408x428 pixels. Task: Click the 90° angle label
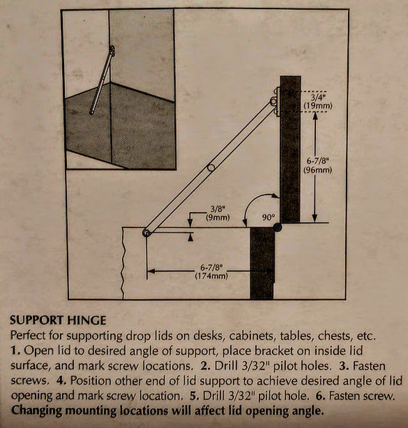point(268,218)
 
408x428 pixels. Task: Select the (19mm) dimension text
point(318,106)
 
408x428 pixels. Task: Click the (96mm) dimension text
point(318,170)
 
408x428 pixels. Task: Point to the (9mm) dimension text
point(218,218)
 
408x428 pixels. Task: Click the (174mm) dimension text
point(211,276)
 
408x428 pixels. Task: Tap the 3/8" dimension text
point(218,209)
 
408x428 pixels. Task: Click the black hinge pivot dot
point(277,227)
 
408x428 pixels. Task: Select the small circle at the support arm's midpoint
point(211,168)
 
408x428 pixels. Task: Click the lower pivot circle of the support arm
point(146,233)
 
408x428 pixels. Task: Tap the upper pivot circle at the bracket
point(273,101)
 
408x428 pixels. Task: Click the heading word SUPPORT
point(36,320)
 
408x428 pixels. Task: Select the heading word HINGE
point(86,320)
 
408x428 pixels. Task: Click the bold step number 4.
point(61,380)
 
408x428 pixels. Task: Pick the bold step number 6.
point(320,395)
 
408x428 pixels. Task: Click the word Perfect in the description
point(28,335)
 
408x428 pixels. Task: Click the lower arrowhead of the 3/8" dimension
point(190,238)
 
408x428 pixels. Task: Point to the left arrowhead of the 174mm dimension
point(151,271)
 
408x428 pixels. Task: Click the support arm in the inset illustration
point(101,81)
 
